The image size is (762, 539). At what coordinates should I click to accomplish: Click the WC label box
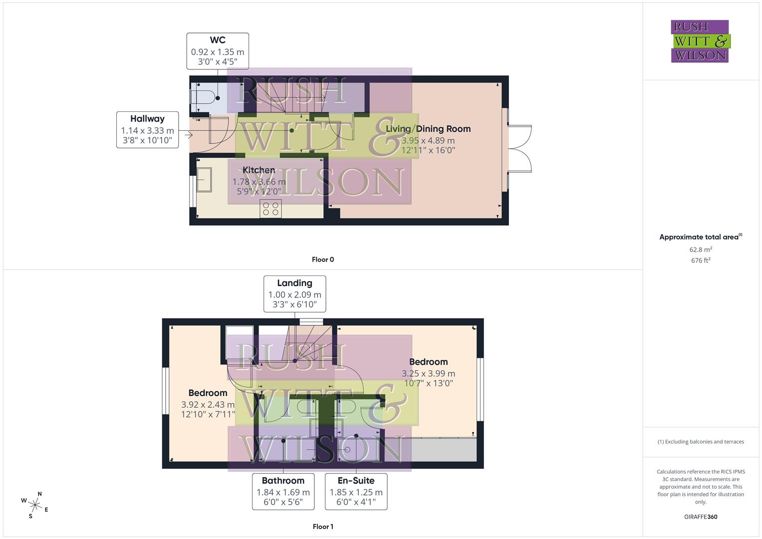218,51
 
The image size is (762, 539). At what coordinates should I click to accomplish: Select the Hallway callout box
147,130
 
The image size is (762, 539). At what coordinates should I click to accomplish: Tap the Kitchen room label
258,170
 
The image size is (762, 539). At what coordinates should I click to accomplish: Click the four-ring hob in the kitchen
270,209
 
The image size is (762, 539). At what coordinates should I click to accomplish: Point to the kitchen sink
204,180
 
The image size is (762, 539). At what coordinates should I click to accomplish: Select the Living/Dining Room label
428,129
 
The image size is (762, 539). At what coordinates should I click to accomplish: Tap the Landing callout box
294,293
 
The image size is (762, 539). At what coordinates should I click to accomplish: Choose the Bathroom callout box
283,492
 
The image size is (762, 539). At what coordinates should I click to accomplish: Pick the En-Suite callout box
356,492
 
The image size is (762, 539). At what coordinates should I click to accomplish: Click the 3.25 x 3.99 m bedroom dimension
428,373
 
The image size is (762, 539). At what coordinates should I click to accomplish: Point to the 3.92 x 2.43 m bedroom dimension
208,405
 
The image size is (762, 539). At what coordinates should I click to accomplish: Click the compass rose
34,505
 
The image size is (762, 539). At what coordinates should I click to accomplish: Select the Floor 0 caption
323,260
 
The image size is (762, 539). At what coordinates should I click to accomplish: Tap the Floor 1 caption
323,527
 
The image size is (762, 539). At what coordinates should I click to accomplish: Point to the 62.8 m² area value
701,250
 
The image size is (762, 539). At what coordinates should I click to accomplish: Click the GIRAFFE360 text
701,517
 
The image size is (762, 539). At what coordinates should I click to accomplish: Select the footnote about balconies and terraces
701,442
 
